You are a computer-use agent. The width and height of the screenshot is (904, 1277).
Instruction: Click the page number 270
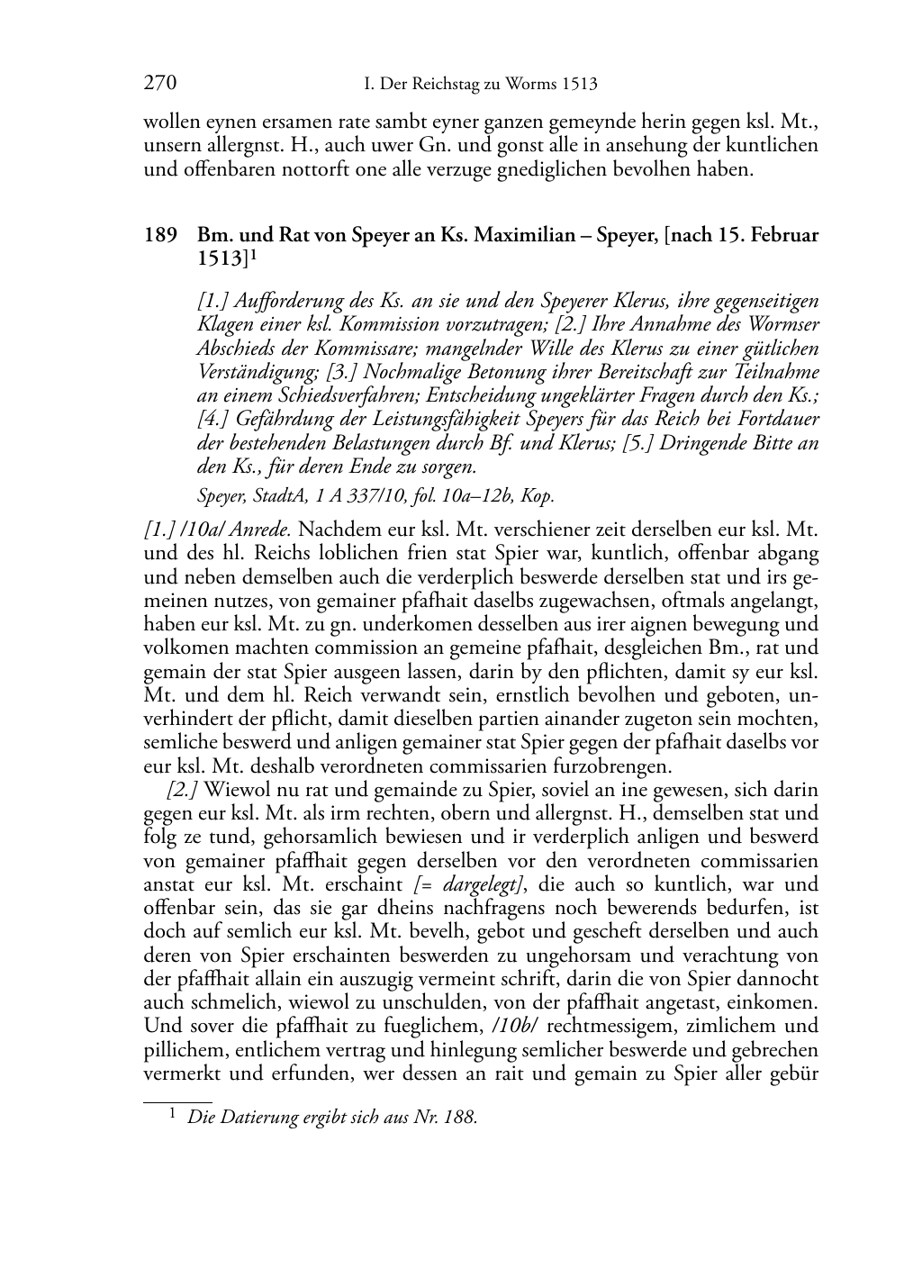pyautogui.click(x=159, y=84)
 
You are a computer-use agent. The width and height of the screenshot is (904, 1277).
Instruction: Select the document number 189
pyautogui.click(x=159, y=236)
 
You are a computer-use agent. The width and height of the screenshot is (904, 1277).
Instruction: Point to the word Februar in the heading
pyautogui.click(x=783, y=236)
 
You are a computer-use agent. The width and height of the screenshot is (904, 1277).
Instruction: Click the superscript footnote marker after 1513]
pyautogui.click(x=255, y=256)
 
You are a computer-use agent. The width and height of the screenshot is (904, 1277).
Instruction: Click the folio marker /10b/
pyautogui.click(x=515, y=1027)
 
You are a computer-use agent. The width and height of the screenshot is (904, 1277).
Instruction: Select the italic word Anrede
pyautogui.click(x=258, y=529)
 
